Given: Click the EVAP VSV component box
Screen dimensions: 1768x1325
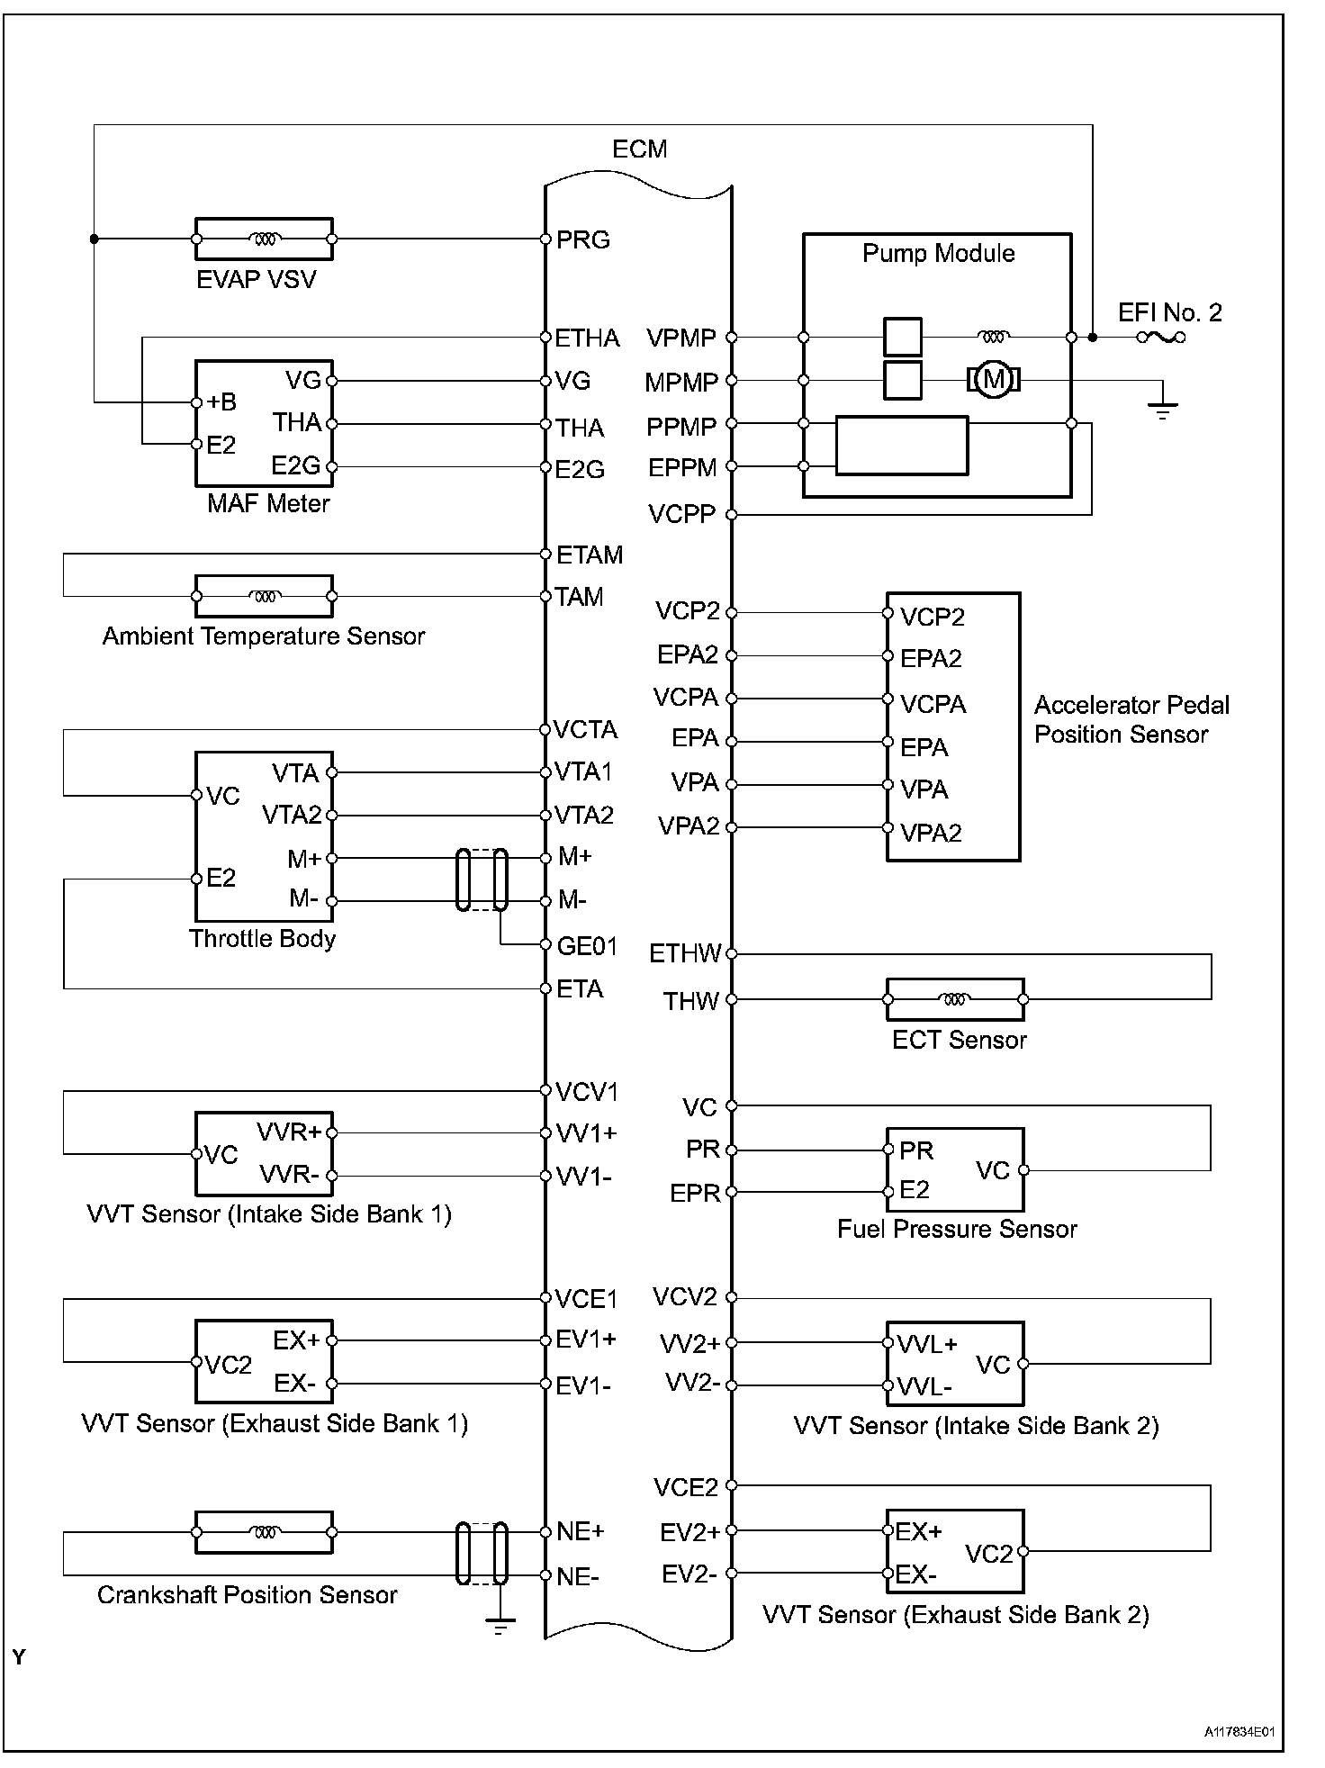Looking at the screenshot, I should coord(264,239).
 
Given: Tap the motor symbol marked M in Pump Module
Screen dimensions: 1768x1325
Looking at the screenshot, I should coord(994,380).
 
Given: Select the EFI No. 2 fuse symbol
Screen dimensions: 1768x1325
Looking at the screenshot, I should coord(1161,338).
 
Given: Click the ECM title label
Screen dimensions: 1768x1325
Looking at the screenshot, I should coord(639,149).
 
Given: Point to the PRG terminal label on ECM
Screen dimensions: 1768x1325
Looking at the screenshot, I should coord(583,240).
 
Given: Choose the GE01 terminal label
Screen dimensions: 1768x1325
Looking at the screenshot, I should coord(587,946).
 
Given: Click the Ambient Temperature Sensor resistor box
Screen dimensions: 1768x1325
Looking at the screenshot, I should coord(264,596).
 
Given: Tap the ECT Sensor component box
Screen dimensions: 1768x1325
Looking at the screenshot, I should coord(955,999).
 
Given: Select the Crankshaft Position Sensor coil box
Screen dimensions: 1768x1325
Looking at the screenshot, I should coord(264,1532).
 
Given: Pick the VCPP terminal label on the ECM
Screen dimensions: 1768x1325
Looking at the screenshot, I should coord(681,515).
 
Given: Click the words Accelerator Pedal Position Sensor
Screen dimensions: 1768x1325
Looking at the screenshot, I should coord(1131,719).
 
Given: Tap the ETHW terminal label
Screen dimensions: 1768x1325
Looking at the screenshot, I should coord(685,953).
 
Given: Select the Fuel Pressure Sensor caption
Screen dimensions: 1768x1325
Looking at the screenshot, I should coord(957,1230).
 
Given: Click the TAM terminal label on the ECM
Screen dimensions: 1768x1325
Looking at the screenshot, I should coord(579,597).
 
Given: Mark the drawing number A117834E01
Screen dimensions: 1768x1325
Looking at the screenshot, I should coord(1239,1731).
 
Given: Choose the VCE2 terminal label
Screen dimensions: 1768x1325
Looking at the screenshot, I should coord(686,1487).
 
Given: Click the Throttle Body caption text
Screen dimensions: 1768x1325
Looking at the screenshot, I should coord(262,939).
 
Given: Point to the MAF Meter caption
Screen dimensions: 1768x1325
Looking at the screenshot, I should coord(268,503).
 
